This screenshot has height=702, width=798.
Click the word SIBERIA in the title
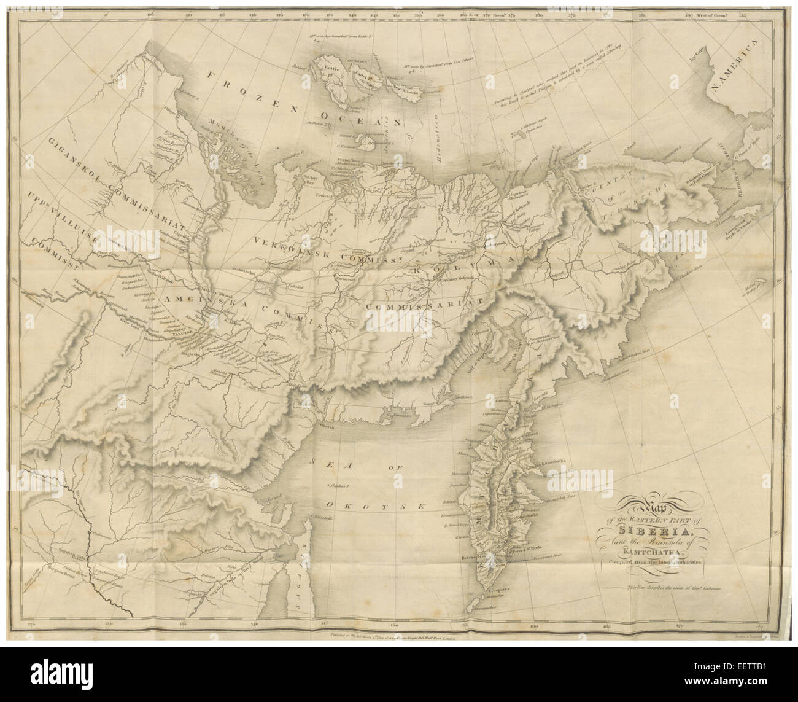[x=645, y=531]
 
